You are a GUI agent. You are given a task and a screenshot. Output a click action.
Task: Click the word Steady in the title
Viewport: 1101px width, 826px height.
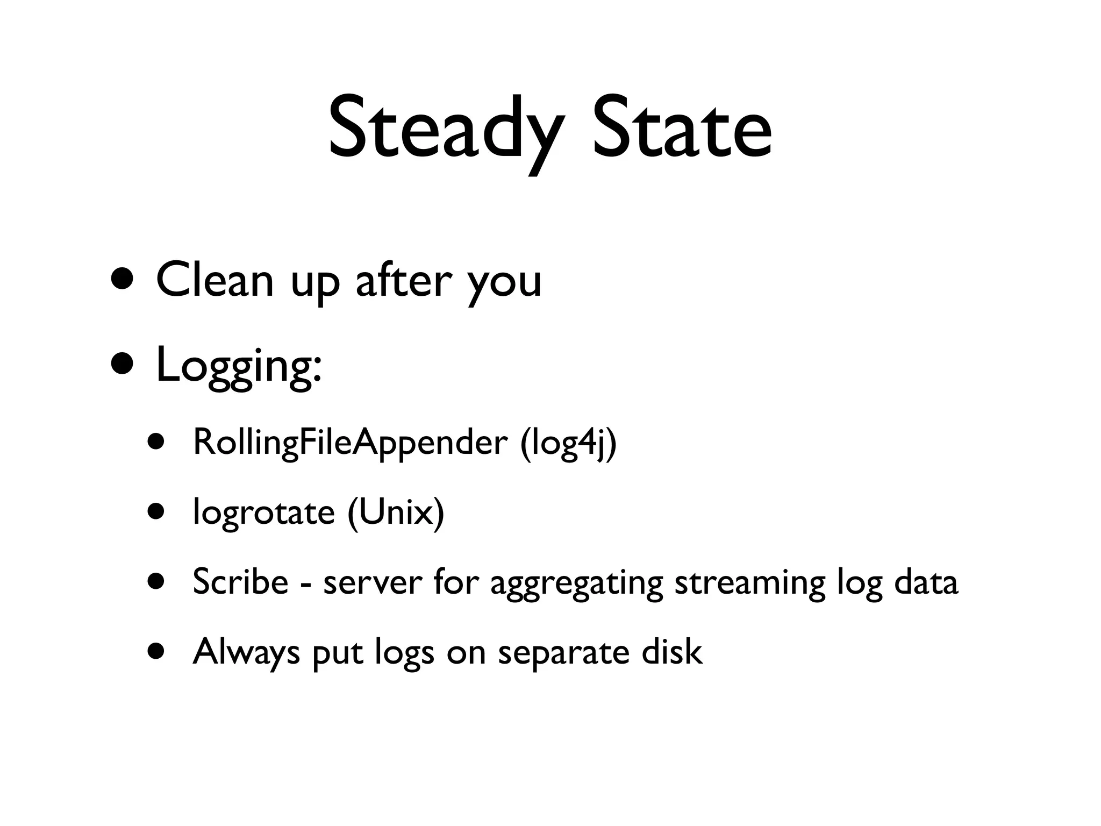pos(446,129)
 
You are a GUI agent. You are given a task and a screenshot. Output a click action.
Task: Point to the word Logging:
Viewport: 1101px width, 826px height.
pos(239,366)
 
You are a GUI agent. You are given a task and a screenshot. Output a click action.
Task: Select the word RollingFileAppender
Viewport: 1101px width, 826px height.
pos(349,442)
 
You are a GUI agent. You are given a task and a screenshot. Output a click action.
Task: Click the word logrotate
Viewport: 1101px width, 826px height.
pos(263,512)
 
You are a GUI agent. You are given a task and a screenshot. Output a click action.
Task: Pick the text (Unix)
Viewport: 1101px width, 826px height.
pos(396,513)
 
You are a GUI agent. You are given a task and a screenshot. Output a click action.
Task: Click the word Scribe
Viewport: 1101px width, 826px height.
pos(240,582)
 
